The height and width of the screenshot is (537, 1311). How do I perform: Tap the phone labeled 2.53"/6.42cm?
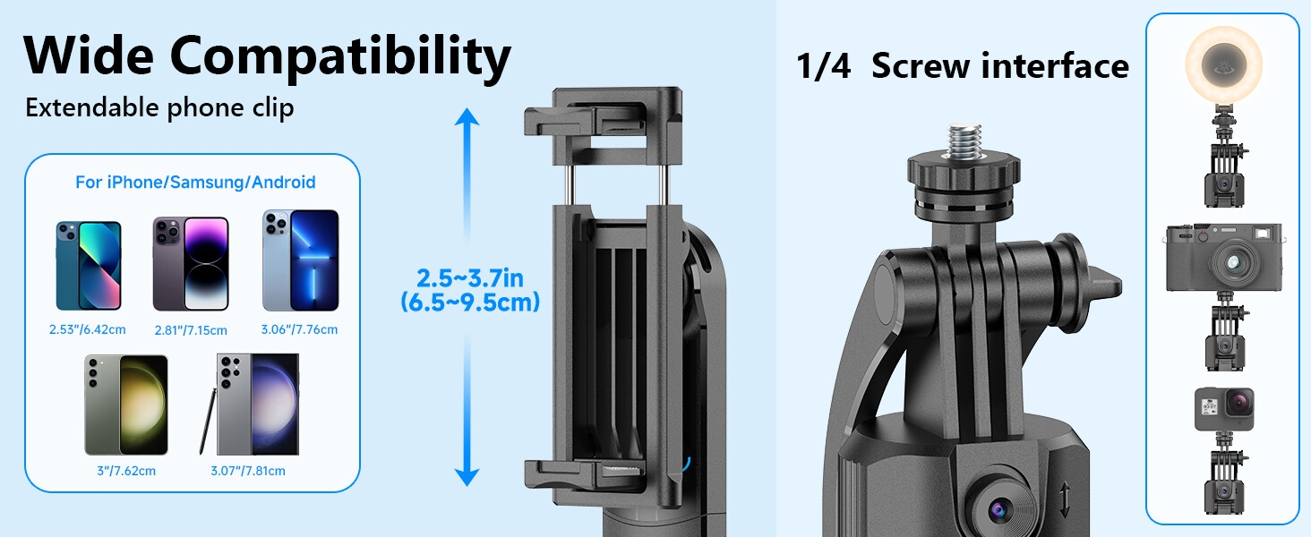pyautogui.click(x=88, y=266)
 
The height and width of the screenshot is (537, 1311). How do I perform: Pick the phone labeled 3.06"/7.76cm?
pyautogui.click(x=300, y=261)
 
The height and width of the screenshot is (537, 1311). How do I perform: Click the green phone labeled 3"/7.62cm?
pyautogui.click(x=126, y=405)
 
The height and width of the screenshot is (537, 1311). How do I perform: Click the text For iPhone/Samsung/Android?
pyautogui.click(x=195, y=183)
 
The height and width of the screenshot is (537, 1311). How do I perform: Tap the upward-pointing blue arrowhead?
pyautogui.click(x=467, y=117)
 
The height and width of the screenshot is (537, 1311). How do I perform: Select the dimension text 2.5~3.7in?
pyautogui.click(x=470, y=277)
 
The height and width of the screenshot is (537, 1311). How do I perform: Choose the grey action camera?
pyautogui.click(x=1223, y=409)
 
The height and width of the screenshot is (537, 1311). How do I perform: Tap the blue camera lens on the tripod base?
pyautogui.click(x=998, y=509)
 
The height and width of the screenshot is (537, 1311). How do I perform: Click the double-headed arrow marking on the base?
pyautogui.click(x=1064, y=500)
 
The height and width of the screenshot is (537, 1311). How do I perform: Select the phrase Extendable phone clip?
pyautogui.click(x=159, y=108)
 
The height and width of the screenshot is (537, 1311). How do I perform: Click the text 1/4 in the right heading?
pyautogui.click(x=823, y=67)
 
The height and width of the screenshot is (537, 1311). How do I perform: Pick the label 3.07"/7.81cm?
pyautogui.click(x=248, y=471)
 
